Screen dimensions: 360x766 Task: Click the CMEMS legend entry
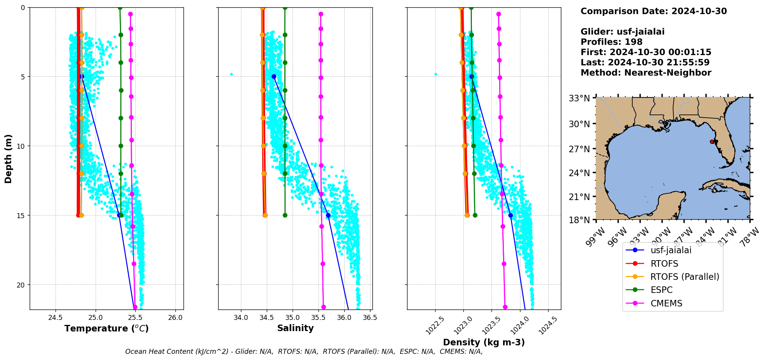(666, 303)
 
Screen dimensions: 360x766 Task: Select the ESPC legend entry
(661, 290)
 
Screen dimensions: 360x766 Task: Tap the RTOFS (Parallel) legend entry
(684, 277)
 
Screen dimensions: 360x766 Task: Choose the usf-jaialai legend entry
(671, 250)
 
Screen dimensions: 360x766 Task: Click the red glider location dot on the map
(712, 142)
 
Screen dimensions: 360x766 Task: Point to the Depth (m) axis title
(8, 158)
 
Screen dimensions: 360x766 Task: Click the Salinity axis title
(295, 328)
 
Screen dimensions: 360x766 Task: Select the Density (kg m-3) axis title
(484, 342)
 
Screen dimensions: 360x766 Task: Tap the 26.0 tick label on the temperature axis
(175, 318)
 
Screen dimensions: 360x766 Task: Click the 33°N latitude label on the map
(579, 98)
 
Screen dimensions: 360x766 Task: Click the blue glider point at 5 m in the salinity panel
(274, 77)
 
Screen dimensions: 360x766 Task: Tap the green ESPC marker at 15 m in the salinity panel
(285, 215)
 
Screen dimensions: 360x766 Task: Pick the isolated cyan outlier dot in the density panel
(436, 74)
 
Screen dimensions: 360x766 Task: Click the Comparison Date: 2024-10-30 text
(653, 11)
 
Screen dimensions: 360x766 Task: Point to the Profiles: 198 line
(611, 42)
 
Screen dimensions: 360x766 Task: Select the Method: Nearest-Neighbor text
(646, 73)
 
